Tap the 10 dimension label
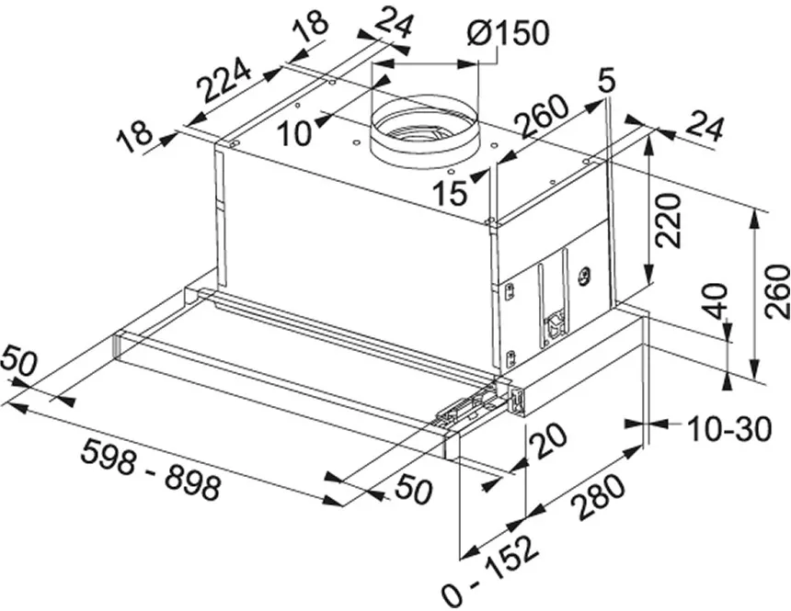[x=294, y=133]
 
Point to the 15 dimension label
[x=451, y=192]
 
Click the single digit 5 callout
[x=606, y=80]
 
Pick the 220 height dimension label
[x=669, y=221]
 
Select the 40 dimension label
[x=716, y=301]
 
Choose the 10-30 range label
[x=729, y=429]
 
